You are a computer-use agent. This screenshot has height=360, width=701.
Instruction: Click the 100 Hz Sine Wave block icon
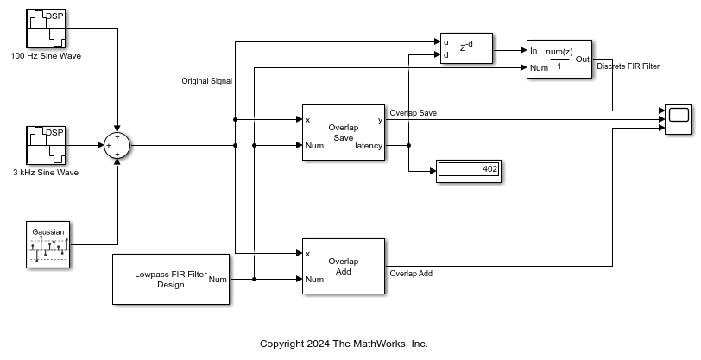pyautogui.click(x=47, y=28)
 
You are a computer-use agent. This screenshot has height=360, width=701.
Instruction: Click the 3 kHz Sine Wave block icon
pyautogui.click(x=47, y=145)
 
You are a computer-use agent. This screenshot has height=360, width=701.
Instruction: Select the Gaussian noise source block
pyautogui.click(x=48, y=244)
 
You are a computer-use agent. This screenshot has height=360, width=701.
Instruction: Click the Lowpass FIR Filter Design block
pyautogui.click(x=171, y=279)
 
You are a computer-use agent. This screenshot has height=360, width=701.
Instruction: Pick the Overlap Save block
pyautogui.click(x=343, y=133)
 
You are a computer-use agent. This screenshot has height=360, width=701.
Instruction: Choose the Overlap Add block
pyautogui.click(x=343, y=266)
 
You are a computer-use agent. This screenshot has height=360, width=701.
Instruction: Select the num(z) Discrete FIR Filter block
pyautogui.click(x=559, y=60)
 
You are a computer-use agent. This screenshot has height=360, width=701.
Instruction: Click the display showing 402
pyautogui.click(x=469, y=170)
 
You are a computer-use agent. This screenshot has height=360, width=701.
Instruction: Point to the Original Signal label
pyautogui.click(x=206, y=81)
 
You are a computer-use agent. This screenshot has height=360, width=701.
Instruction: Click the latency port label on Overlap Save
pyautogui.click(x=369, y=146)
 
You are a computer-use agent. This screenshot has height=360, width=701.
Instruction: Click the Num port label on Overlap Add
pyautogui.click(x=314, y=279)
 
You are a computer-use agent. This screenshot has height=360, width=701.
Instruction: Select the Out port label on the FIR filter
pyautogui.click(x=582, y=60)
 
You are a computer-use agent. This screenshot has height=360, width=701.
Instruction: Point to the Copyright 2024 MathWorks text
pyautogui.click(x=344, y=344)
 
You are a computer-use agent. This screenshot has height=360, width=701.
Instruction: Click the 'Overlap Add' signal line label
pyautogui.click(x=411, y=274)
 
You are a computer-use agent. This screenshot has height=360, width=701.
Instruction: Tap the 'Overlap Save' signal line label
pyautogui.click(x=413, y=113)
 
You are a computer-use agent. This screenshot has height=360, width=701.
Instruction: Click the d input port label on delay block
pyautogui.click(x=445, y=55)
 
